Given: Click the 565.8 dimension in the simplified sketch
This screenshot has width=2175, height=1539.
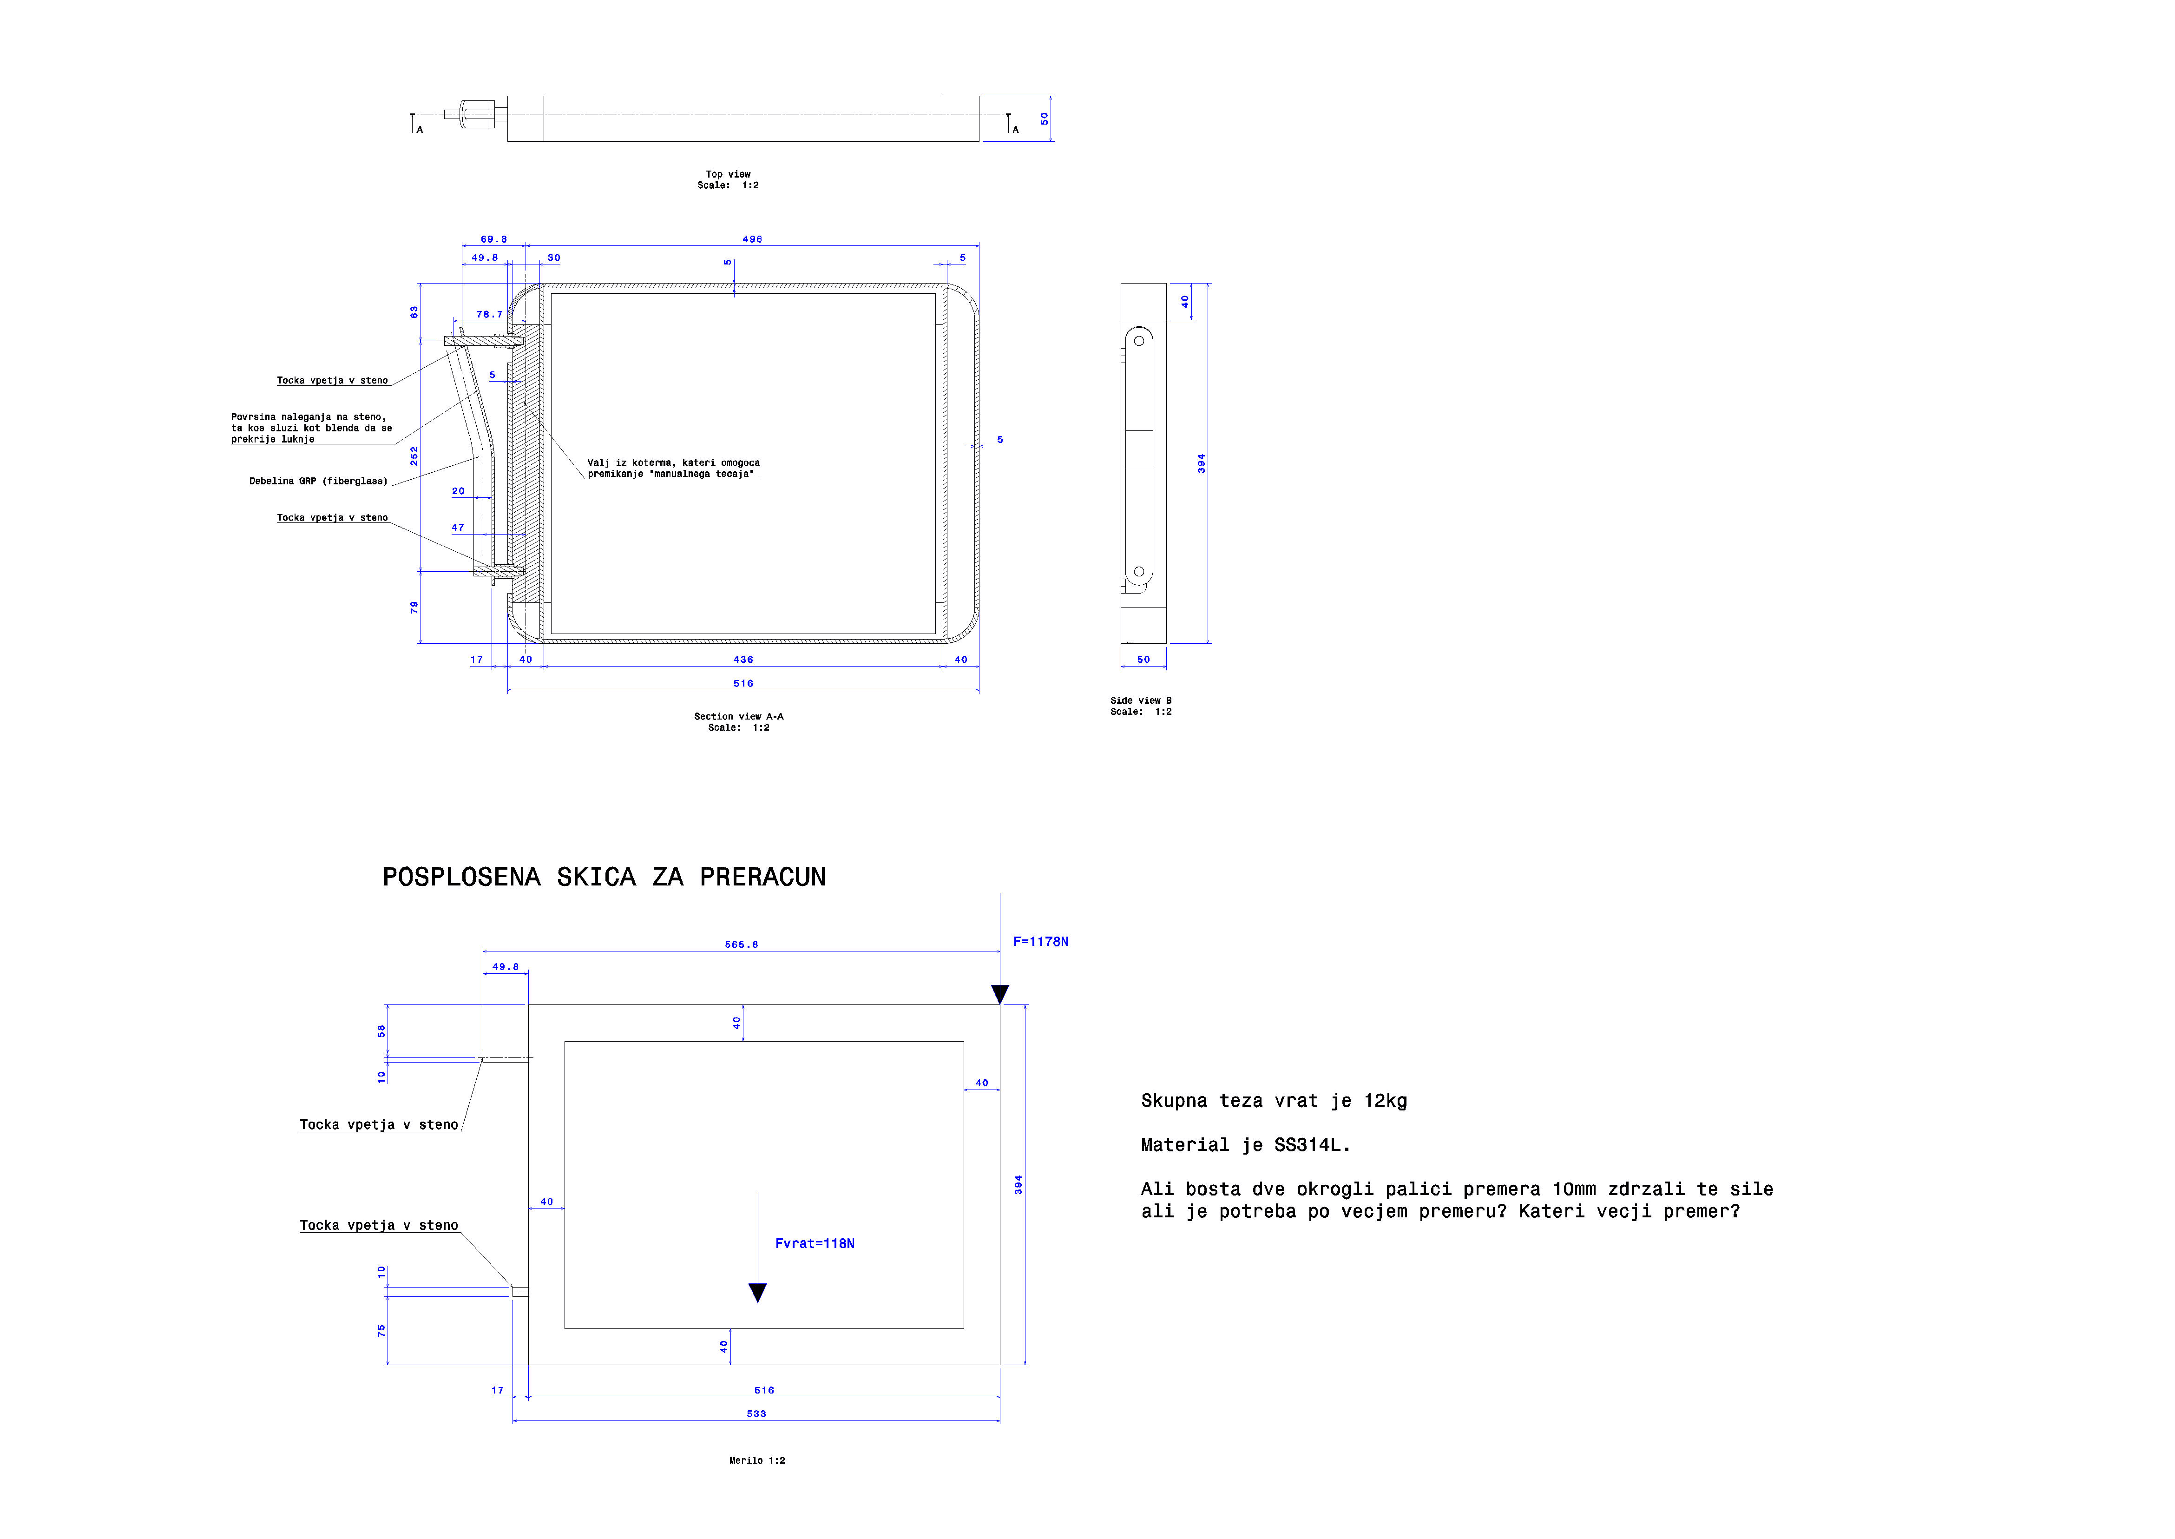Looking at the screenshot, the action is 742,945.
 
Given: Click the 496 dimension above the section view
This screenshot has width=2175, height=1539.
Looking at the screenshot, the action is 752,240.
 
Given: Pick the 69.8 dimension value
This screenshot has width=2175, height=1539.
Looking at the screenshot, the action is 493,240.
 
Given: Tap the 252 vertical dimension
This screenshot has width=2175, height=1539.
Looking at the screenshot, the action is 414,456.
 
